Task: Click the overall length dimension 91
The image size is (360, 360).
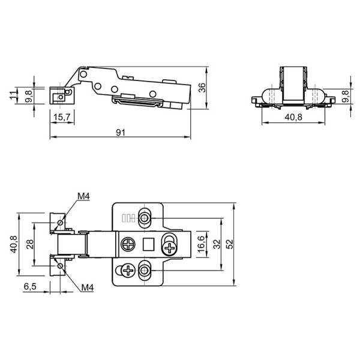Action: tap(121, 133)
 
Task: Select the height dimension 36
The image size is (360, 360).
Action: tap(202, 88)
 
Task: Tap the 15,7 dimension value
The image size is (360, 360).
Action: tap(62, 118)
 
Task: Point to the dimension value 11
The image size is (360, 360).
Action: tap(13, 95)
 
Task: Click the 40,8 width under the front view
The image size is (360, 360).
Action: tap(293, 118)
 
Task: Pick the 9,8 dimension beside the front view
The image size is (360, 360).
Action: tap(345, 97)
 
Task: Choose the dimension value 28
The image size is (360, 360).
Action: tap(30, 244)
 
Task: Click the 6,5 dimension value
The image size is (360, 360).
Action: tap(30, 286)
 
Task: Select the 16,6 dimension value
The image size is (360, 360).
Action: tap(201, 244)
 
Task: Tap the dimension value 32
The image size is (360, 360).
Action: tap(217, 244)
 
